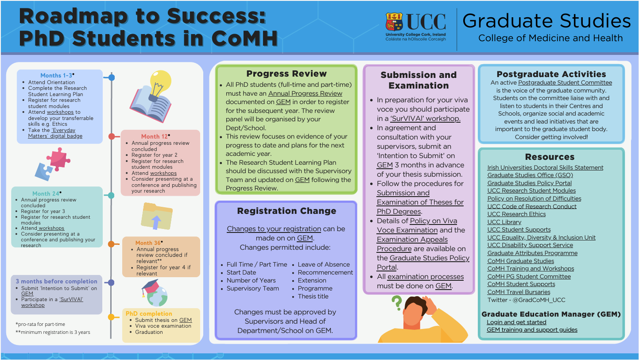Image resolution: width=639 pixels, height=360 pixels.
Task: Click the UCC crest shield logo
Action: pyautogui.click(x=394, y=22)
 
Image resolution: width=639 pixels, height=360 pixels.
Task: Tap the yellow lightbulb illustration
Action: pyautogui.click(x=160, y=83)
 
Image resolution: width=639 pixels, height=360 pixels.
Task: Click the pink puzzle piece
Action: pyautogui.click(x=58, y=159)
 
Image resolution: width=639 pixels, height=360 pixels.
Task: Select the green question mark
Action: pyautogui.click(x=396, y=303)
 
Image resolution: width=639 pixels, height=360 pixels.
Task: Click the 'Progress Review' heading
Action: pyautogui.click(x=287, y=74)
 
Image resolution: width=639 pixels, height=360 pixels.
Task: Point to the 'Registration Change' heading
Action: pyautogui.click(x=287, y=211)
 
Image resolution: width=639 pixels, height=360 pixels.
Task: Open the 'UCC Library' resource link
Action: pyautogui.click(x=504, y=222)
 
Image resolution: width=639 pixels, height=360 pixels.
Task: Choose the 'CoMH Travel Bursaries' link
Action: pyautogui.click(x=519, y=292)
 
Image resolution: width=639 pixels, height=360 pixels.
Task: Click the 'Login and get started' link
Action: pyautogui.click(x=516, y=322)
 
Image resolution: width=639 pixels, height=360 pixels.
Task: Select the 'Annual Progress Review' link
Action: pyautogui.click(x=305, y=93)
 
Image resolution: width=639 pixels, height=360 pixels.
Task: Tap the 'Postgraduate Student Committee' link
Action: pyautogui.click(x=565, y=83)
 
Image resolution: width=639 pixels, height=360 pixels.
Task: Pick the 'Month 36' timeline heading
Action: pyautogui.click(x=148, y=243)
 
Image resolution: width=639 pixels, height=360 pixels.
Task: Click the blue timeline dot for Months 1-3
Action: pyautogui.click(x=112, y=77)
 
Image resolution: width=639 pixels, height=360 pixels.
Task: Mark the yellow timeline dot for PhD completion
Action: pyautogui.click(x=111, y=317)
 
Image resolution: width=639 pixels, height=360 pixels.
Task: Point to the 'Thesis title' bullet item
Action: pyautogui.click(x=313, y=296)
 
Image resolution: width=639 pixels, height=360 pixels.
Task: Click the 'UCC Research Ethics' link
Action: pyautogui.click(x=516, y=214)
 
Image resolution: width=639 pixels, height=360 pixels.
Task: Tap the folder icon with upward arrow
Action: pyautogui.click(x=157, y=216)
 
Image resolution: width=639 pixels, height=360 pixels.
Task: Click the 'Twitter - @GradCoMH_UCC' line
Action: pyautogui.click(x=526, y=300)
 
